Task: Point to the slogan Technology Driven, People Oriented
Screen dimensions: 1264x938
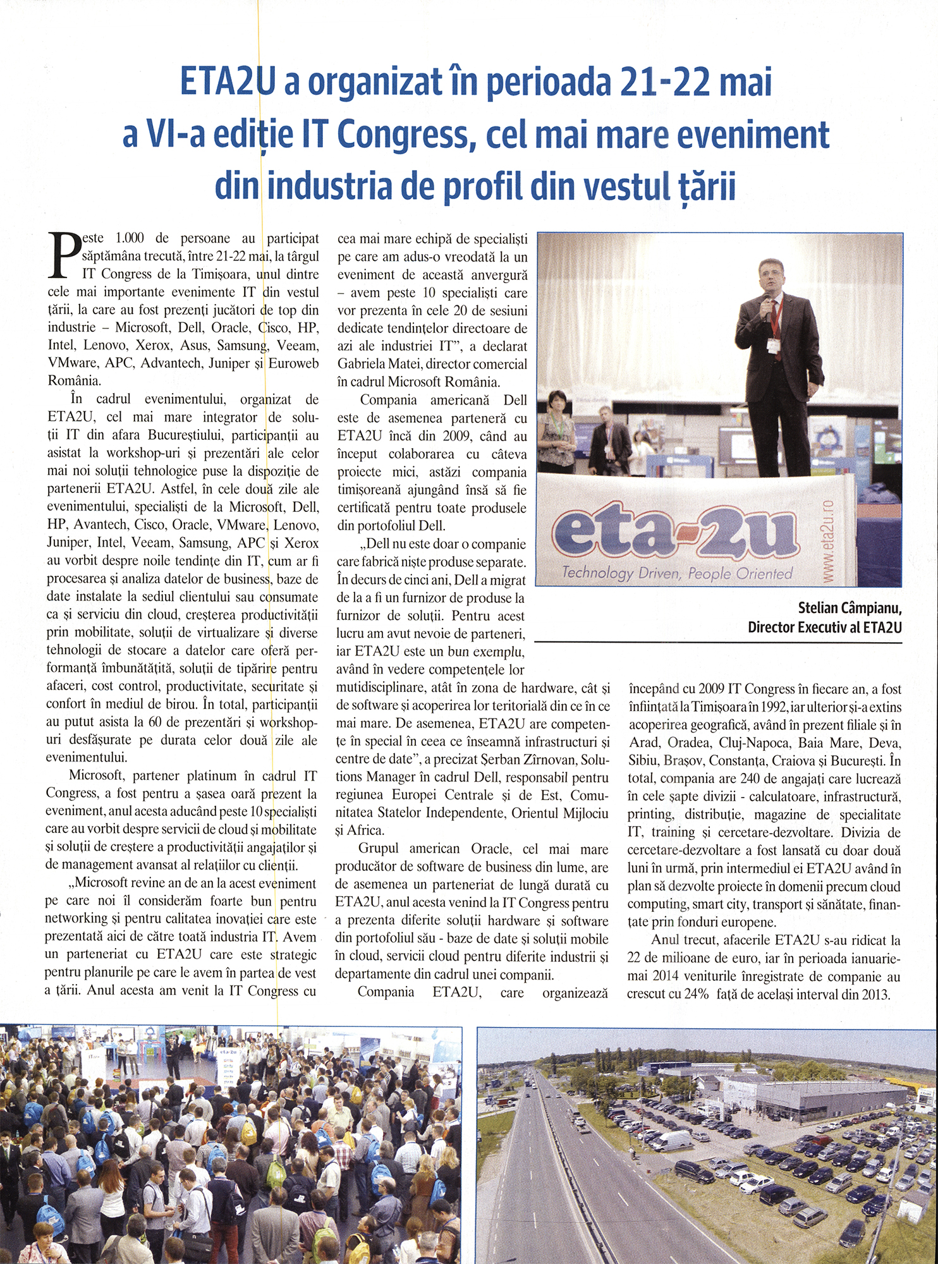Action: [x=677, y=573]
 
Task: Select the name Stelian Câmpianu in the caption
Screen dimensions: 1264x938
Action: [x=850, y=609]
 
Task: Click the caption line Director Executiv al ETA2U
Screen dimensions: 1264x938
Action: [x=824, y=627]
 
